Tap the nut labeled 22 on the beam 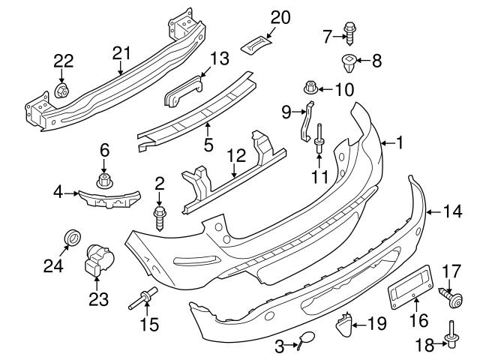pyautogui.click(x=63, y=92)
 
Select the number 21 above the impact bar pyautogui.click(x=121, y=52)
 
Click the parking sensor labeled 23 pyautogui.click(x=95, y=259)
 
